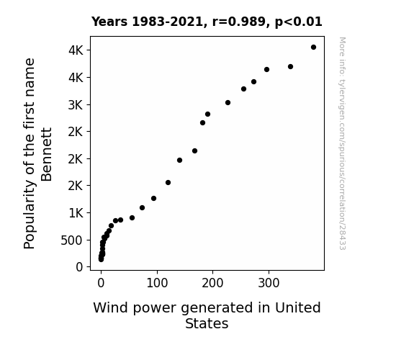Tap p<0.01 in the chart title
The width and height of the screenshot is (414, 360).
point(298,22)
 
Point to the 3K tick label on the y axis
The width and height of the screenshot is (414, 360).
point(76,105)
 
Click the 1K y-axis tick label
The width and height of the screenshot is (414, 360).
point(76,213)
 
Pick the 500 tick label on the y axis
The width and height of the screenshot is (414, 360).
point(72,240)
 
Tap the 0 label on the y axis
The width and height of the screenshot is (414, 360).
point(79,267)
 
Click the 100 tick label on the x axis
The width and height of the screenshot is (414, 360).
point(157,283)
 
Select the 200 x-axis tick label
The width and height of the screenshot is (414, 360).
point(212,283)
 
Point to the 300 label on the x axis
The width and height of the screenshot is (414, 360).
point(269,283)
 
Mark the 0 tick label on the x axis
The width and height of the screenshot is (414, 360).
point(101,283)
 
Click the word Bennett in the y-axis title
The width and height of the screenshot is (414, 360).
point(47,155)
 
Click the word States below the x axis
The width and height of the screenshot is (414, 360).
point(207,323)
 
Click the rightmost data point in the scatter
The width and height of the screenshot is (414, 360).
point(313,48)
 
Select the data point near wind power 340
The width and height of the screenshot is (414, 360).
point(290,66)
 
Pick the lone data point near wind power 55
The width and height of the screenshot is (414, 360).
point(132,218)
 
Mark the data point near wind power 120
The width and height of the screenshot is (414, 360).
point(168,182)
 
